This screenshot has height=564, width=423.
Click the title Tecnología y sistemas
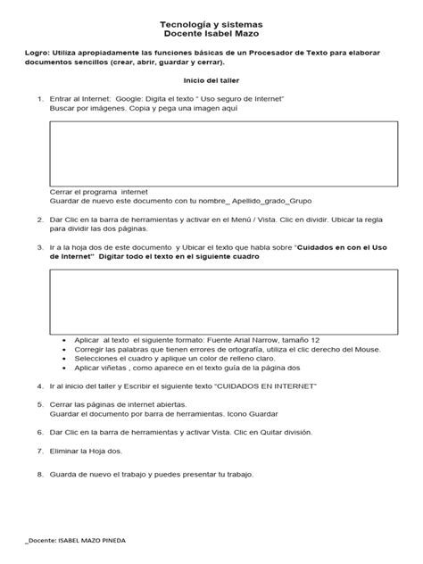[x=211, y=27]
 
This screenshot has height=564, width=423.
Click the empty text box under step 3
[x=212, y=300]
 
